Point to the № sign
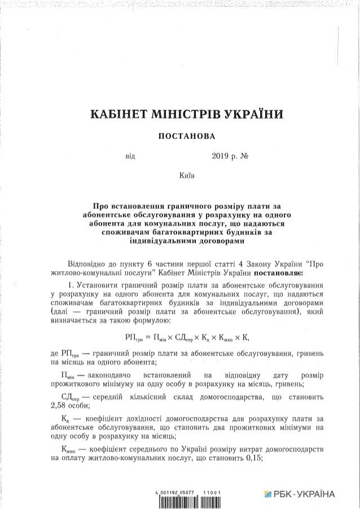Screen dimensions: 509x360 (x=251, y=155)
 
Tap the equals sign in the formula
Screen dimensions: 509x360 (x=150, y=337)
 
